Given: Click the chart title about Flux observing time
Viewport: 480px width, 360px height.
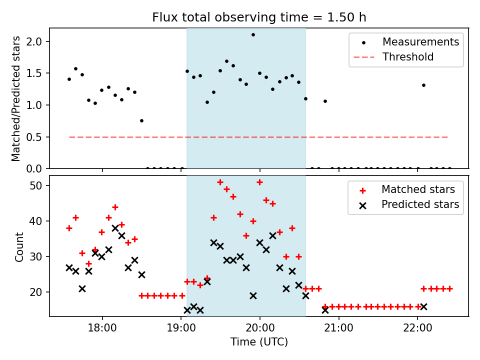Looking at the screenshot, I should [259, 17].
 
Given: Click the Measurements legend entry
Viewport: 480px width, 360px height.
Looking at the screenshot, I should [420, 42].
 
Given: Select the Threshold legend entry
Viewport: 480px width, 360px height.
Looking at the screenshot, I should [408, 57].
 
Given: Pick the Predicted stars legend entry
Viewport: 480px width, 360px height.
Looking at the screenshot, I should [420, 204].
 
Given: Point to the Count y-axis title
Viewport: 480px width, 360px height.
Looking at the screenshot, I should [19, 246].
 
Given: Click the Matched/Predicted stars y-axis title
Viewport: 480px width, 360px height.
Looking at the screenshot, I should [16, 98].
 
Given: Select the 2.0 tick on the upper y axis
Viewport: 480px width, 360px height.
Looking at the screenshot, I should [37, 41].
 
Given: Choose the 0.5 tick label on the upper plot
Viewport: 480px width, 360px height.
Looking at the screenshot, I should [37, 137].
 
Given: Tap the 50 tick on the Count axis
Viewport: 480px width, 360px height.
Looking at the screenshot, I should [39, 185].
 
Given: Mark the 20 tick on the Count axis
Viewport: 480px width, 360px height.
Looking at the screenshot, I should [39, 292].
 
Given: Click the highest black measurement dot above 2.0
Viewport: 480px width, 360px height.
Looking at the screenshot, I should [253, 35].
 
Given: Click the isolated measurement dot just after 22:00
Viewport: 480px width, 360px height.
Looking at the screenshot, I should [423, 85].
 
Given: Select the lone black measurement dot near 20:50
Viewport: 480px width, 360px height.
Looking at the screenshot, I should [325, 101].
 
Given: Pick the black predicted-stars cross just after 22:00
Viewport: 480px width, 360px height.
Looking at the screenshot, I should [423, 306].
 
